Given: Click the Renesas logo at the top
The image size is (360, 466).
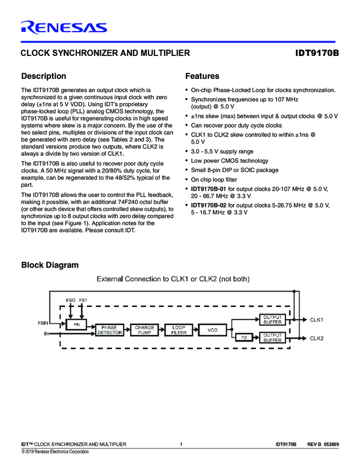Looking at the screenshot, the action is pyautogui.click(x=64, y=27).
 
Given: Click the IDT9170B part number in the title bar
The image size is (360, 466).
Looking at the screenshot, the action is pyautogui.click(x=317, y=53).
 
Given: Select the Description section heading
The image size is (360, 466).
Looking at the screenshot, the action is pyautogui.click(x=43, y=76).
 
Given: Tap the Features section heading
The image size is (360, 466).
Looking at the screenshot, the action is pyautogui.click(x=202, y=76).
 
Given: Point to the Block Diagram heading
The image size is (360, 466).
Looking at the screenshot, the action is pyautogui.click(x=50, y=265).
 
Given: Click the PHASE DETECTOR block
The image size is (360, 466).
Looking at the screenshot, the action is pyautogui.click(x=109, y=330).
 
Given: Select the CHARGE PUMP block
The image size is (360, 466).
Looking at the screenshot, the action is pyautogui.click(x=145, y=330).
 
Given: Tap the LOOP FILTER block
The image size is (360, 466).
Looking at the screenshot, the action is pyautogui.click(x=178, y=330).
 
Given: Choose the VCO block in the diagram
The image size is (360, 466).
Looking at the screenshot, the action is pyautogui.click(x=213, y=330).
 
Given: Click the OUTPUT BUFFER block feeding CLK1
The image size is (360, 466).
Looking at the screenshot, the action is pyautogui.click(x=272, y=320).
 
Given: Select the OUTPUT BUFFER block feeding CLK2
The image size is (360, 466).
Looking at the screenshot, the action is pyautogui.click(x=272, y=338).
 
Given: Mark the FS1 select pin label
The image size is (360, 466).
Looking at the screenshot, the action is pyautogui.click(x=83, y=300).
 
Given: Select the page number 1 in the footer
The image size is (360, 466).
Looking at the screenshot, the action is pyautogui.click(x=181, y=444).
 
